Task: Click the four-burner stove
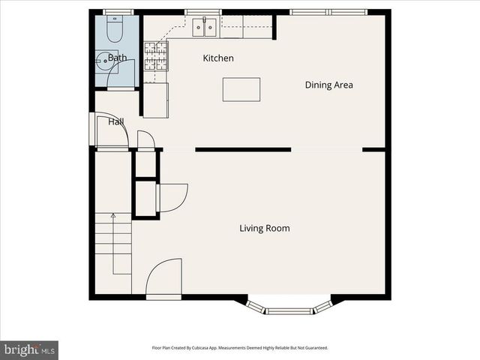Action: [x=155, y=55]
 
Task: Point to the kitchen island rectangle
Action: [x=241, y=89]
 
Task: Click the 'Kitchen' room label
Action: [x=218, y=58]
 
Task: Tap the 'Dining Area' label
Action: [x=328, y=85]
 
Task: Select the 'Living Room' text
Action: [x=264, y=228]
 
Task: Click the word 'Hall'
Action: [x=115, y=121]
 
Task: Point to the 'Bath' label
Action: [x=118, y=58]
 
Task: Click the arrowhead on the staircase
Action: [x=113, y=216]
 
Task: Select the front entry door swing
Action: [x=163, y=277]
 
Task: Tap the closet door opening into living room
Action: [x=172, y=197]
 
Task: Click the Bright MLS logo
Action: [x=29, y=349]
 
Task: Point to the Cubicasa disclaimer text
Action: [x=240, y=348]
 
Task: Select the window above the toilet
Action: [x=115, y=12]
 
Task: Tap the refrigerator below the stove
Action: [x=156, y=100]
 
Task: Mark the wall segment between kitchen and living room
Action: [x=243, y=150]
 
